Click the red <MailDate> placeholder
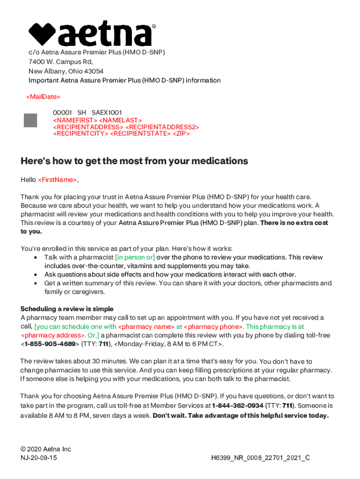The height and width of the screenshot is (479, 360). [x=43, y=97]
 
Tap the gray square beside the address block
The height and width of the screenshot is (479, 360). [x=30, y=120]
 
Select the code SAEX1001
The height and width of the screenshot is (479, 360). [x=107, y=113]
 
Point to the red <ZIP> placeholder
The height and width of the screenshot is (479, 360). [x=181, y=133]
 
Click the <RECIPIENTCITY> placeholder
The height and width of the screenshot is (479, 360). [x=80, y=133]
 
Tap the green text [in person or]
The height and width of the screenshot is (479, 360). [x=135, y=257]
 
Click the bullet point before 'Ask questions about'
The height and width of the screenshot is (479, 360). [x=36, y=275]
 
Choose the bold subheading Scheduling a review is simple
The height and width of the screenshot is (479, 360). [x=67, y=309]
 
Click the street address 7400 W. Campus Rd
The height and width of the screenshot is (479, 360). [x=61, y=62]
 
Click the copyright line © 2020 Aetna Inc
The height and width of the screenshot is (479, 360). [x=46, y=449]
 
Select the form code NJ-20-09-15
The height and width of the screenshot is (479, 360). [x=39, y=458]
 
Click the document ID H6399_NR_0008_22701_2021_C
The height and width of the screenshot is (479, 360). [x=261, y=458]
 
